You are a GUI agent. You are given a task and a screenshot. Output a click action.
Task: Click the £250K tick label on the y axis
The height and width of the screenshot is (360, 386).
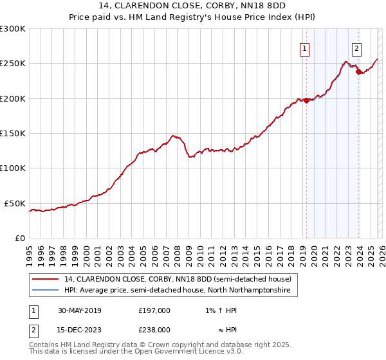(12, 64)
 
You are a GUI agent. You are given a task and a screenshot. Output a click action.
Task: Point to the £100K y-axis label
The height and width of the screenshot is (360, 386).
(12, 168)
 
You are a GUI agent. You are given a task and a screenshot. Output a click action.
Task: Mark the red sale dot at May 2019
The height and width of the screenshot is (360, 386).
(306, 100)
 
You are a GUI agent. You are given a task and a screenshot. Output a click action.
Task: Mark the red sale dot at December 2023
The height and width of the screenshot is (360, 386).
(358, 72)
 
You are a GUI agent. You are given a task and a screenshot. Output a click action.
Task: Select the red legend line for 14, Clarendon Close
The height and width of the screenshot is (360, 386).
(44, 280)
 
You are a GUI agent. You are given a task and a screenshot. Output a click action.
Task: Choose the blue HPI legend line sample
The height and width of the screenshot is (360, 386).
(44, 291)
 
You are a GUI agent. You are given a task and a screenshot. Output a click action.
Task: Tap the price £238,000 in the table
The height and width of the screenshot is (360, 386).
(154, 330)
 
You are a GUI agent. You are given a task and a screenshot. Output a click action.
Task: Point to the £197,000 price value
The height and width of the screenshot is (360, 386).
(154, 310)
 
